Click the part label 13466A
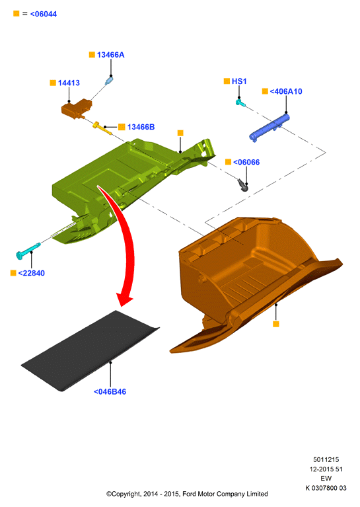[x=110, y=55]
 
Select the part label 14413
[x=69, y=83]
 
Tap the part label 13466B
[x=141, y=127]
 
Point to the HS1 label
[x=239, y=81]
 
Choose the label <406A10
[x=286, y=91]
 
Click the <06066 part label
[x=246, y=163]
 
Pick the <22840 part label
[x=31, y=273]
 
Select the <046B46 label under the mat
[x=110, y=392]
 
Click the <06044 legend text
[x=44, y=15]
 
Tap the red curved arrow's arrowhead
[x=124, y=299]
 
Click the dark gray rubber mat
[x=90, y=350]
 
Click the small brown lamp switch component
[x=77, y=108]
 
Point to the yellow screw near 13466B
[x=102, y=128]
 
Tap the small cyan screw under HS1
[x=240, y=103]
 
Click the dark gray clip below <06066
[x=242, y=184]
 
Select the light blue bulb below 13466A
[x=109, y=80]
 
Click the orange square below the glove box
[x=275, y=324]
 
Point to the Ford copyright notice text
[x=187, y=494]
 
